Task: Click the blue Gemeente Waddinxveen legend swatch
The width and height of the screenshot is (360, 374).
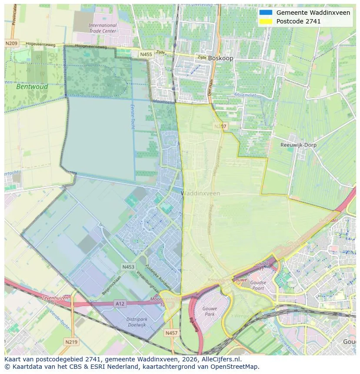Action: click(266, 13)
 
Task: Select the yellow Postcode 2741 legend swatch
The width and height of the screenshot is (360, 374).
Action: click(266, 21)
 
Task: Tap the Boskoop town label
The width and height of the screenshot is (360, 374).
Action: click(220, 58)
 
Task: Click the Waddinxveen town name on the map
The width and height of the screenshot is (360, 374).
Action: click(200, 193)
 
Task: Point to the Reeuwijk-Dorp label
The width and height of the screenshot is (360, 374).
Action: click(298, 145)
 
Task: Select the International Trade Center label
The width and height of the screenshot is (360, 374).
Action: click(103, 28)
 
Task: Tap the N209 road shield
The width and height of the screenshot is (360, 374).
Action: click(12, 43)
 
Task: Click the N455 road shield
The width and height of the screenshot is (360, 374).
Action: click(146, 54)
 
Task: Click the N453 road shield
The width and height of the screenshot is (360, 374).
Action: click(128, 267)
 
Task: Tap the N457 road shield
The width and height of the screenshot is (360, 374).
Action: click(171, 333)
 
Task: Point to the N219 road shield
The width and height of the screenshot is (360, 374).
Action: click(71, 342)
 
